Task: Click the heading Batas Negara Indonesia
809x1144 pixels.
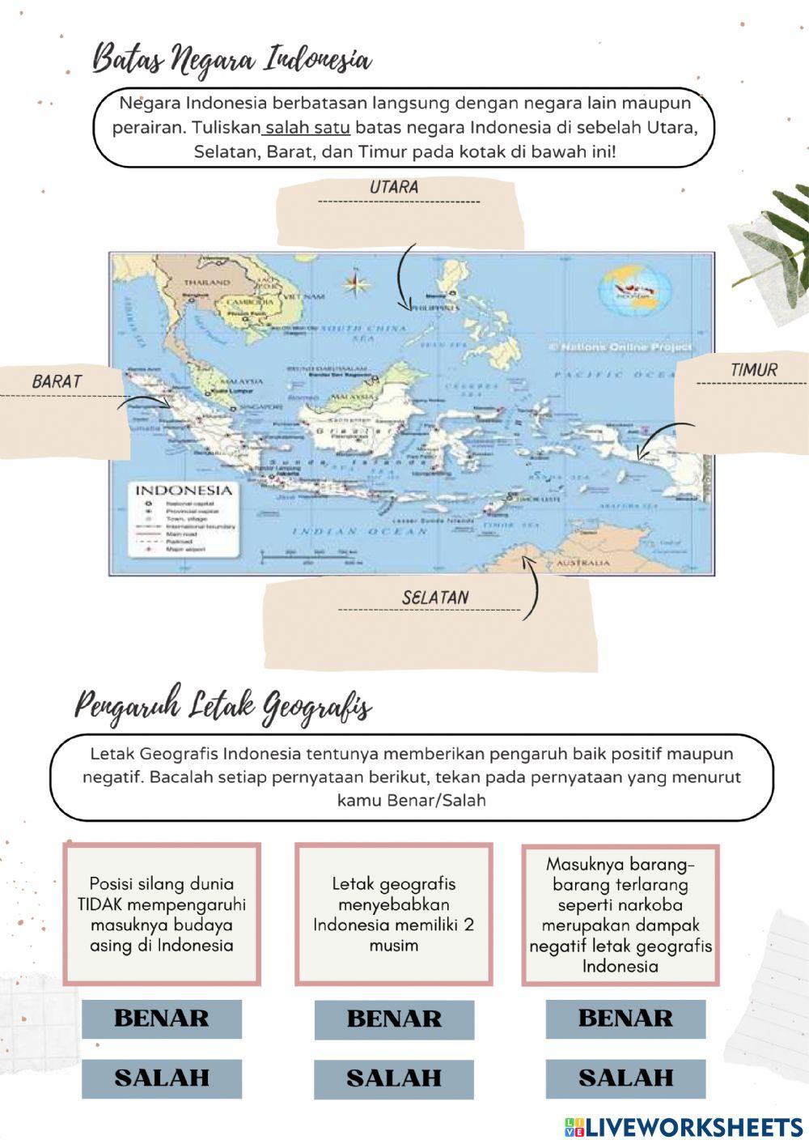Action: (x=232, y=60)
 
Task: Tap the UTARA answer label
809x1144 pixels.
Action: (x=395, y=187)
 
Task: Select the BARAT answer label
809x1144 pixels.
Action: (x=57, y=381)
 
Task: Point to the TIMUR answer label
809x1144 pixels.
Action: (x=754, y=370)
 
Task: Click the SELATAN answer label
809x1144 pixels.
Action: (x=435, y=598)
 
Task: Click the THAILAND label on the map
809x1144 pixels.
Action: (x=206, y=283)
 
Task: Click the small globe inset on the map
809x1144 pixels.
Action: (x=635, y=289)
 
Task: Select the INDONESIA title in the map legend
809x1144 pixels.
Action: (x=183, y=491)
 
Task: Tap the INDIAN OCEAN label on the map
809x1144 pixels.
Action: (x=358, y=532)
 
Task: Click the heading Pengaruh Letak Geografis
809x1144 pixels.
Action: (x=223, y=707)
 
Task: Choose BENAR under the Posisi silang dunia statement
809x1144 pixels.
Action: (x=162, y=1019)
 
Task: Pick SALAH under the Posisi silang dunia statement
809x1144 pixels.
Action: (x=162, y=1078)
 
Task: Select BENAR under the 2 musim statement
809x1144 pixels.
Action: (x=394, y=1019)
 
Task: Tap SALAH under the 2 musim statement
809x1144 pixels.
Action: (x=394, y=1078)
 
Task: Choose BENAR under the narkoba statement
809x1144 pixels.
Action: (x=625, y=1019)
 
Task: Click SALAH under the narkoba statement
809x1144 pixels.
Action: (x=625, y=1078)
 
